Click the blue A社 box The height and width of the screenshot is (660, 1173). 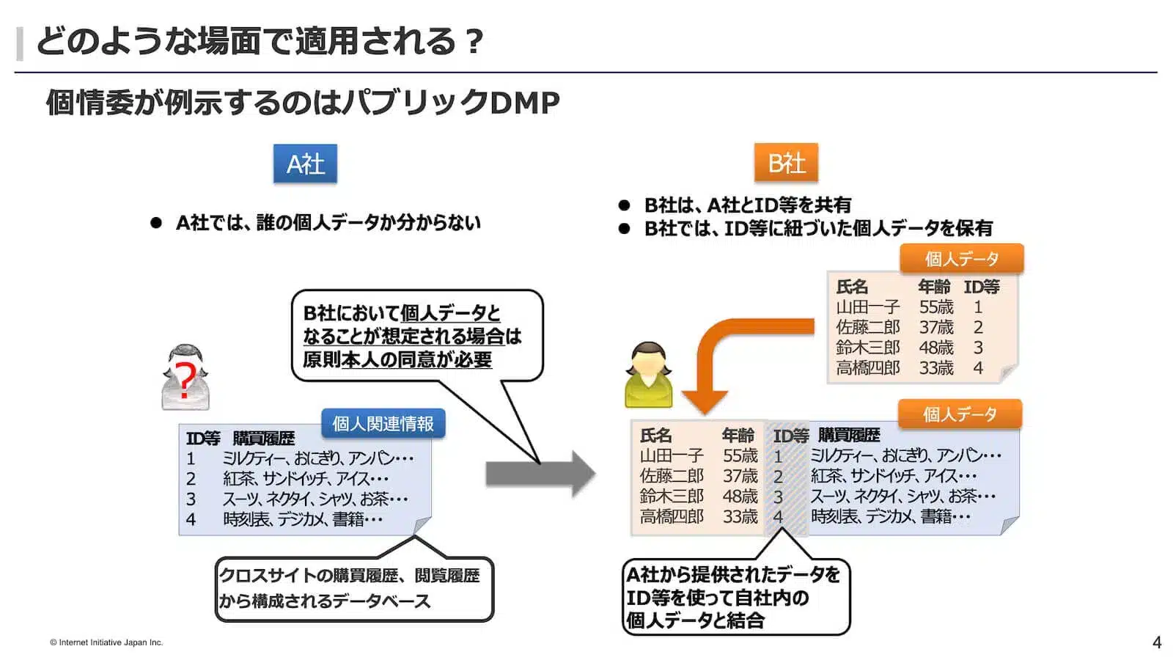(x=305, y=163)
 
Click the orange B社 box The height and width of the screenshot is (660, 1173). (x=786, y=163)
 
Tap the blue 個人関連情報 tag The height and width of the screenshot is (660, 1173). (x=383, y=423)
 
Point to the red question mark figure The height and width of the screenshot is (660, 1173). (x=185, y=378)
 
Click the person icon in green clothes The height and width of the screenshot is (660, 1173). (x=648, y=375)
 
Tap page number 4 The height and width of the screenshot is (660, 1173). (x=1157, y=642)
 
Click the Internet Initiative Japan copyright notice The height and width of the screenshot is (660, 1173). (x=106, y=642)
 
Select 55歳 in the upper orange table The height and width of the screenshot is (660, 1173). (x=936, y=307)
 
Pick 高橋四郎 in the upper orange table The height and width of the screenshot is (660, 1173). (x=867, y=368)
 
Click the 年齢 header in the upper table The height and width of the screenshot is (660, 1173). (x=934, y=287)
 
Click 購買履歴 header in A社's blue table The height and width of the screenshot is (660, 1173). (x=264, y=439)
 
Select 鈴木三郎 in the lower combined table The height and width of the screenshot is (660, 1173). (x=672, y=496)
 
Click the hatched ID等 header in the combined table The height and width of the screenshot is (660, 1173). (x=790, y=436)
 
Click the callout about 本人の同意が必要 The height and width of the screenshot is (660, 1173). (x=416, y=336)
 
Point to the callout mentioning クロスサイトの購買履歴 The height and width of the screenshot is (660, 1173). (x=353, y=588)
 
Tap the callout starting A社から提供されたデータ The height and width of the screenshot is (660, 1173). (x=735, y=597)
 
